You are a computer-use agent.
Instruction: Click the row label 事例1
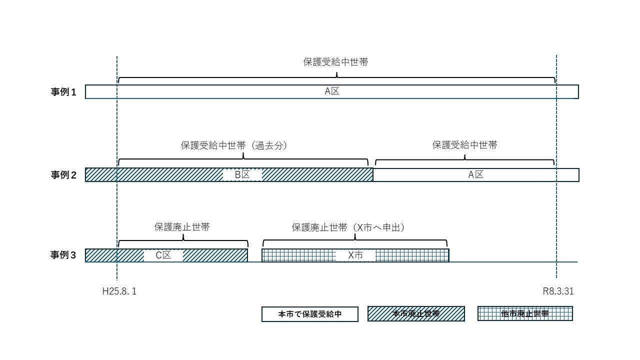click(x=63, y=92)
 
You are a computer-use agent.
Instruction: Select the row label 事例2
click(x=63, y=175)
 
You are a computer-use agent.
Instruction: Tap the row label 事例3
click(x=63, y=255)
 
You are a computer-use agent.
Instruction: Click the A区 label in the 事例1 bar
click(x=332, y=91)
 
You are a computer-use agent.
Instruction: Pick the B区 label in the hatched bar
click(x=242, y=175)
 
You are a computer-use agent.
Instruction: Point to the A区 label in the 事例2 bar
click(x=475, y=175)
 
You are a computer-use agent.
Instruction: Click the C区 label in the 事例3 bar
click(x=163, y=255)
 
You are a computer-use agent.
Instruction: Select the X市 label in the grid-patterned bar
click(x=355, y=255)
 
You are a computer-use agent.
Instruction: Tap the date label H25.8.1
click(x=119, y=291)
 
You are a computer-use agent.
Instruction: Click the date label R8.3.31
click(x=558, y=291)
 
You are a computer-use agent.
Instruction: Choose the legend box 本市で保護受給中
click(x=310, y=314)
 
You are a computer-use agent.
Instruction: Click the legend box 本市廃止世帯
click(x=416, y=314)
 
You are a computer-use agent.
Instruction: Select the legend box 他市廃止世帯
click(x=525, y=314)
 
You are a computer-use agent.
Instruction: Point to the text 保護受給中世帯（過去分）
click(x=236, y=145)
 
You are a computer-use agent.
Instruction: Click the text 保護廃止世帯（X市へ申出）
click(x=348, y=227)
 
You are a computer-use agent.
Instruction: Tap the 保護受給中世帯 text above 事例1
click(x=336, y=62)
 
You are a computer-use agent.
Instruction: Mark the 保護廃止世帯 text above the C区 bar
click(x=182, y=227)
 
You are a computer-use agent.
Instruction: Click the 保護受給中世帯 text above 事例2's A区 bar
click(x=465, y=145)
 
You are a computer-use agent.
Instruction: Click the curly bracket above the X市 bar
click(x=355, y=240)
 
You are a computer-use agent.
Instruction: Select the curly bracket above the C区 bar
click(x=183, y=240)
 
